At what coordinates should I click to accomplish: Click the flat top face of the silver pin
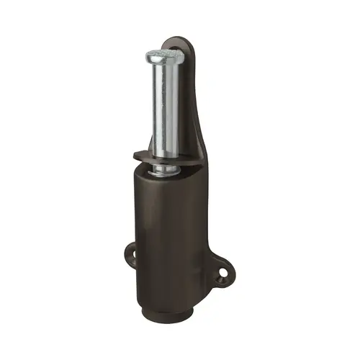coord(164,55)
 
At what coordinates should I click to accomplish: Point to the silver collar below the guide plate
coord(166,170)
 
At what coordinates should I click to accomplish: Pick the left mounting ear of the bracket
coord(132,253)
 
